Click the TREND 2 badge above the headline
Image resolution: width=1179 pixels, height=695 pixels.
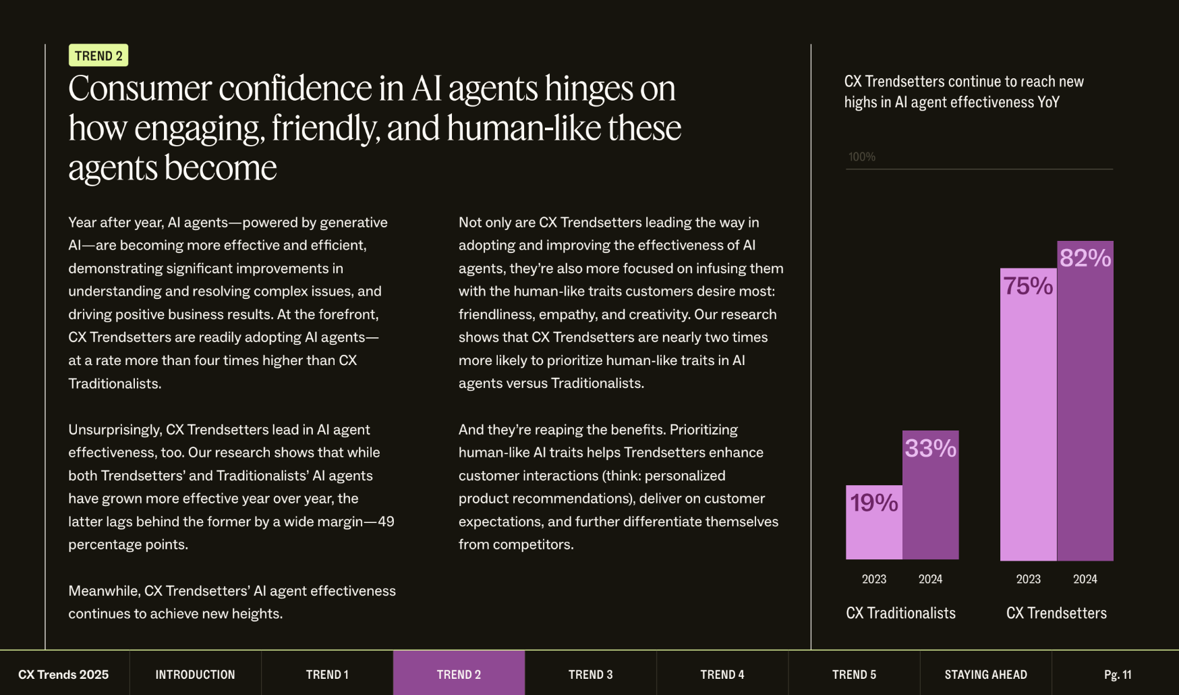click(x=98, y=55)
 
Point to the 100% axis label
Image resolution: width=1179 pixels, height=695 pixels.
click(x=862, y=157)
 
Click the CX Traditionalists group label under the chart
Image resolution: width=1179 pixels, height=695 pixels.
click(x=901, y=613)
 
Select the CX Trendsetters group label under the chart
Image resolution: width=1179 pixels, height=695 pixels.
click(x=1056, y=613)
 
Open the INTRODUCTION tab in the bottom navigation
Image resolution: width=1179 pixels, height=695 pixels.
click(x=195, y=674)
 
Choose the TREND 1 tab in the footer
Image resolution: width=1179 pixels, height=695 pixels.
click(x=327, y=674)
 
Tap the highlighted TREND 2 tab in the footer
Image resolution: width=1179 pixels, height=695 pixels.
click(x=459, y=674)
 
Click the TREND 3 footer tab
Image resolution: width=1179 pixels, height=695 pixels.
click(x=591, y=674)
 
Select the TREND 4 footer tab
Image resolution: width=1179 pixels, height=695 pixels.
click(x=722, y=674)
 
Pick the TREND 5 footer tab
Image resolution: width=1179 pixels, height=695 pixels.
click(x=854, y=674)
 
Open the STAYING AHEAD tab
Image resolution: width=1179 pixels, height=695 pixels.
click(x=985, y=674)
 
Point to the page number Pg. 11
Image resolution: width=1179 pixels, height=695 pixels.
click(x=1118, y=674)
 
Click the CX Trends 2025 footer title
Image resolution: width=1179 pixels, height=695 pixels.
click(x=63, y=674)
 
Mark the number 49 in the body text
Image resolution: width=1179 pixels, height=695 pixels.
click(x=386, y=522)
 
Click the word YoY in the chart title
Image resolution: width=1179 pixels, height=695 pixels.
click(x=1049, y=102)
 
